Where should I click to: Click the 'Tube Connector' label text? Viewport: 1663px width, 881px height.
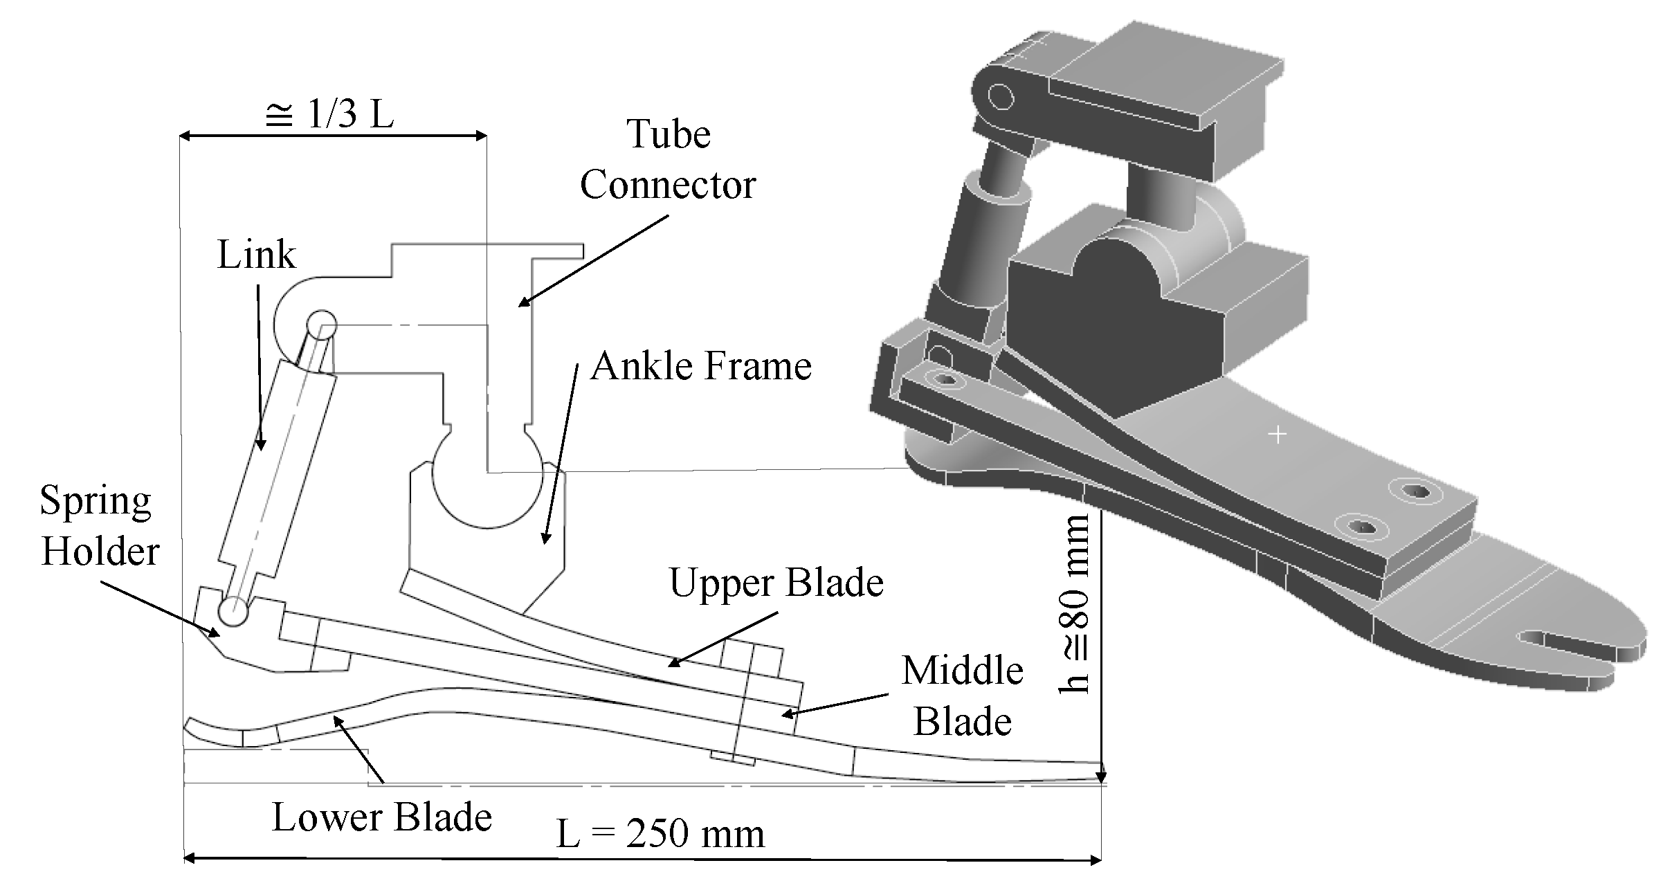click(668, 160)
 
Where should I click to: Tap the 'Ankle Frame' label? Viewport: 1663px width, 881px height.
click(700, 366)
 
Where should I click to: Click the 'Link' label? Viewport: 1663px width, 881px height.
click(256, 255)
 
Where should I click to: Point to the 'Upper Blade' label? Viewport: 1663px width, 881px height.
click(776, 583)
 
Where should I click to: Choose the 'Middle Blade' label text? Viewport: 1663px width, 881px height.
click(963, 696)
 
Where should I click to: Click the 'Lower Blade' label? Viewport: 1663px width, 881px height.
click(381, 817)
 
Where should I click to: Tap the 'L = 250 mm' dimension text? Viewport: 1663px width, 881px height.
click(660, 833)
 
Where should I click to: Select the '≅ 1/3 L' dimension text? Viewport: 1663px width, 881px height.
click(329, 113)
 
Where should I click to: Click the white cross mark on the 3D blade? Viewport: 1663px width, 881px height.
click(1278, 435)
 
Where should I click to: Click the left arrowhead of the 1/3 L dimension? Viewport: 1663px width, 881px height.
click(185, 136)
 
